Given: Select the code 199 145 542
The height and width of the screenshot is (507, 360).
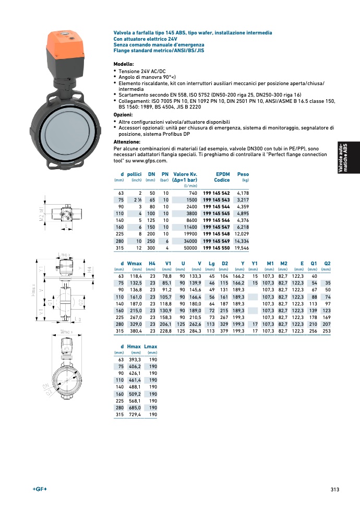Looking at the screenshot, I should [x=216, y=193].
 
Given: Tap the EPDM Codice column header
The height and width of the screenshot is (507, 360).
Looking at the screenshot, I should [x=221, y=177].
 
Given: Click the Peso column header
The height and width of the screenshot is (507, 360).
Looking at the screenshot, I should [x=243, y=174].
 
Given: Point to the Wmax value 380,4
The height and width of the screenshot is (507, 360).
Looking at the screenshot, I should [x=135, y=331].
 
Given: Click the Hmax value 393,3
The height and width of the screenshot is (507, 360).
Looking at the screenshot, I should [x=135, y=360].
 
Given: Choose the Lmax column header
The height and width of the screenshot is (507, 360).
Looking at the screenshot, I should [x=150, y=347].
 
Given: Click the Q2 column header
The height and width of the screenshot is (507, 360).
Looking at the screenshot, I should [x=327, y=263].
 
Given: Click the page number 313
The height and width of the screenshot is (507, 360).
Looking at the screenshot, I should [x=335, y=489].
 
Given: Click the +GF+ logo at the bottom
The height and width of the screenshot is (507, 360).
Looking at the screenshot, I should [x=40, y=489].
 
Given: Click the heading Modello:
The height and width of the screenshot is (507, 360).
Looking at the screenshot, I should [x=124, y=64].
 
